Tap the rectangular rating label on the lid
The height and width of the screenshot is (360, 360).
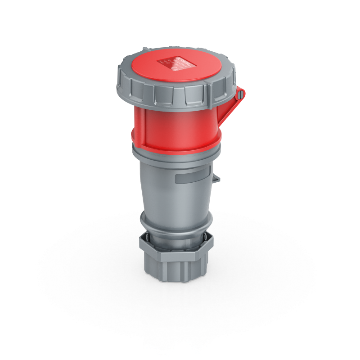click(x=174, y=63)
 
